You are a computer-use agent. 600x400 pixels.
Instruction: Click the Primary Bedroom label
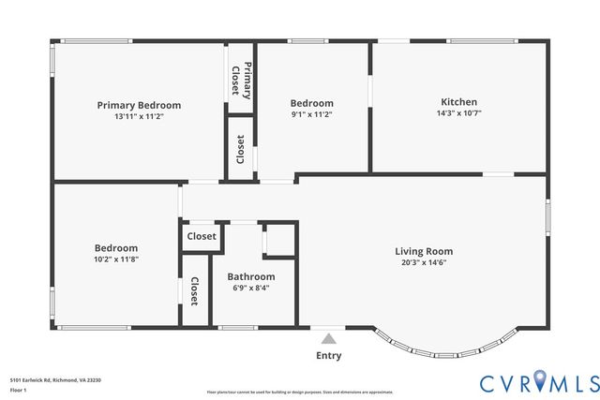coord(139,105)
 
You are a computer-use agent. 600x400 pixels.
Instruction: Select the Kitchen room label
coord(459,102)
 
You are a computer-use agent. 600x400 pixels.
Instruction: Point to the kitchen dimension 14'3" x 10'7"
coord(459,112)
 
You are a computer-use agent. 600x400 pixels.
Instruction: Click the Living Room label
coord(424,251)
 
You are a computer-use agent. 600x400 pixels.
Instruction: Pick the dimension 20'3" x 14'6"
coord(424,261)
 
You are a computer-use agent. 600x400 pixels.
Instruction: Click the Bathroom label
coord(251,276)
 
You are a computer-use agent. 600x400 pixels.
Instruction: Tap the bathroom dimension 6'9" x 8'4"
coord(251,288)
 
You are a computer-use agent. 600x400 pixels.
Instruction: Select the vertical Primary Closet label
coord(241,79)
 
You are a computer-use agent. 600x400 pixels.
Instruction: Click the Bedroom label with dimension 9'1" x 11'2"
coord(311,103)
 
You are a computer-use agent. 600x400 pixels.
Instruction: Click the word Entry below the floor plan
coord(328,355)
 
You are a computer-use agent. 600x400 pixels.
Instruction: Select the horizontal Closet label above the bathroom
coord(202,237)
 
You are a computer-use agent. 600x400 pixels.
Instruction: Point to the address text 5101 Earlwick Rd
coord(55,379)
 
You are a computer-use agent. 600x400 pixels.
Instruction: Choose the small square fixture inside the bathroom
coord(278,240)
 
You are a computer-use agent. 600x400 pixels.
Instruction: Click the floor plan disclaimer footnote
coord(300,392)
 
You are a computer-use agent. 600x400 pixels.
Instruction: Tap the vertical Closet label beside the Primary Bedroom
coord(241,149)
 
